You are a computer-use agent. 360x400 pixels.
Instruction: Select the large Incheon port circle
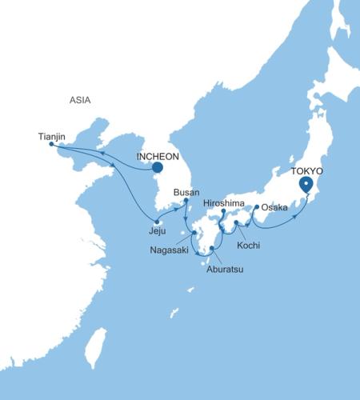pyautogui.click(x=158, y=168)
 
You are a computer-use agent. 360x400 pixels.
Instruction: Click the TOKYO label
pyautogui.click(x=307, y=171)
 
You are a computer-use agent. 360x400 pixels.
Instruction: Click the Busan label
pyautogui.click(x=186, y=193)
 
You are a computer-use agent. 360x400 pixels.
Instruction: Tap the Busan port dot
pyautogui.click(x=186, y=201)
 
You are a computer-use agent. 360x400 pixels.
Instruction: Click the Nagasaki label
pyautogui.click(x=170, y=250)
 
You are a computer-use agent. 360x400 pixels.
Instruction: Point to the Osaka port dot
pyautogui.click(x=256, y=207)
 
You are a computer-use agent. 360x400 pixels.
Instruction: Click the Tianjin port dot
pyautogui.click(x=51, y=144)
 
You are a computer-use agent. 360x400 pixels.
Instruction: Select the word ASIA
pyautogui.click(x=80, y=100)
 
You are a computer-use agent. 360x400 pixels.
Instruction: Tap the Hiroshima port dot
pyautogui.click(x=222, y=212)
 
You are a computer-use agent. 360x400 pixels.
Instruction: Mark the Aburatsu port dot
pyautogui.click(x=211, y=249)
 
